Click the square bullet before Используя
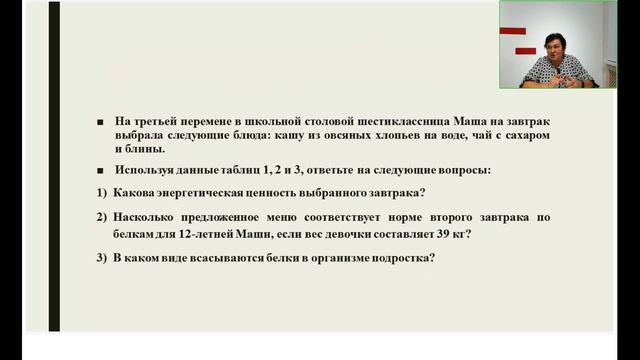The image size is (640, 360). (x=100, y=170)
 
